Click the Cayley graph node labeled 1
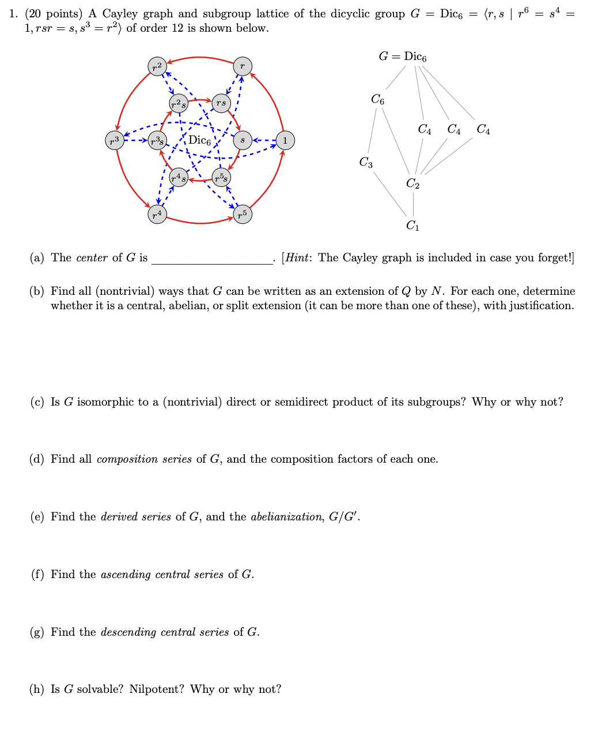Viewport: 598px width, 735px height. pos(285,140)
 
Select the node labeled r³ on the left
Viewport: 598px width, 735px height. pos(115,140)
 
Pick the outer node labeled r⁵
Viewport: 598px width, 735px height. pos(243,215)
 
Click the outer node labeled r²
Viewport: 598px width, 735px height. pos(157,66)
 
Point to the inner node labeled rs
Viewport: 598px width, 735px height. pos(221,103)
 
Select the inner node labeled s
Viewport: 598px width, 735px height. pos(243,140)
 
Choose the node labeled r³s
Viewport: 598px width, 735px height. pos(157,141)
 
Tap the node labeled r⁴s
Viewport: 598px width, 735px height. pos(179,177)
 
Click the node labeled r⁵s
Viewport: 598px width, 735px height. pos(221,177)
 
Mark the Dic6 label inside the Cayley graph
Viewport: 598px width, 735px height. pos(200,140)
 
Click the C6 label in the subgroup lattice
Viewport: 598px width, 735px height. pos(377,99)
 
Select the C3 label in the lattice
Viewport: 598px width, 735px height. pos(366,163)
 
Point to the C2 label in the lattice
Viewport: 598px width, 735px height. pos(413,184)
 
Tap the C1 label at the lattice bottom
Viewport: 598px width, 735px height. pos(413,226)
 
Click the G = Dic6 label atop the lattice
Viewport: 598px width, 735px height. pos(403,57)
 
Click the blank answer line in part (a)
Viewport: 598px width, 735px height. pos(212,260)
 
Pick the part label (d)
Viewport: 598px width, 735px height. pos(37,459)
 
